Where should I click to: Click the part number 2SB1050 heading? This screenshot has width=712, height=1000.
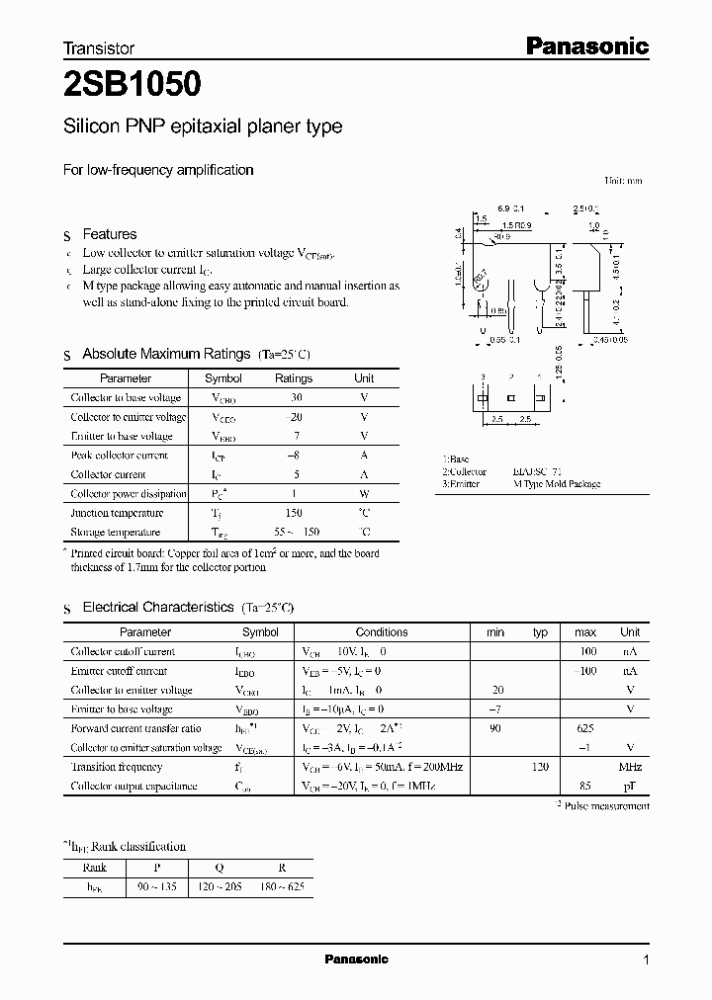(x=133, y=85)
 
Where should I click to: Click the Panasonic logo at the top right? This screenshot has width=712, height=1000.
(x=585, y=45)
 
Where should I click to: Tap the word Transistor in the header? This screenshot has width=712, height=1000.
(x=99, y=47)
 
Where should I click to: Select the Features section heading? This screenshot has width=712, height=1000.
(x=110, y=234)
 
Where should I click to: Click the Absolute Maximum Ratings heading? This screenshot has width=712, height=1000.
(x=166, y=354)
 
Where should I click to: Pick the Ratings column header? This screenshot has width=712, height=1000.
(x=293, y=378)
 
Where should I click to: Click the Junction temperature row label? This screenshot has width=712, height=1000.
(x=117, y=513)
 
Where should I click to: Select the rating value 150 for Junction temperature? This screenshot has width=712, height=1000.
(x=293, y=513)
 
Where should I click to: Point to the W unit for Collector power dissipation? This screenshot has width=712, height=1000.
(x=364, y=494)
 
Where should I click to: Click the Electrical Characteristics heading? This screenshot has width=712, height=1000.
(x=158, y=607)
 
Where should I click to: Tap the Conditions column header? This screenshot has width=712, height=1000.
(x=382, y=632)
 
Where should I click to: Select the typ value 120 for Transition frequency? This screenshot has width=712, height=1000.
(x=540, y=767)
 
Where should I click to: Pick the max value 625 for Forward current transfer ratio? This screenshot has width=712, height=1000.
(x=585, y=728)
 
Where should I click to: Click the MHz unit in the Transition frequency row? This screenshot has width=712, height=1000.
(x=630, y=767)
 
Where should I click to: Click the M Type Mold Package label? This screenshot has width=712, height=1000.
(x=557, y=484)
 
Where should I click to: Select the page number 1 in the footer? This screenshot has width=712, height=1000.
(x=645, y=960)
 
